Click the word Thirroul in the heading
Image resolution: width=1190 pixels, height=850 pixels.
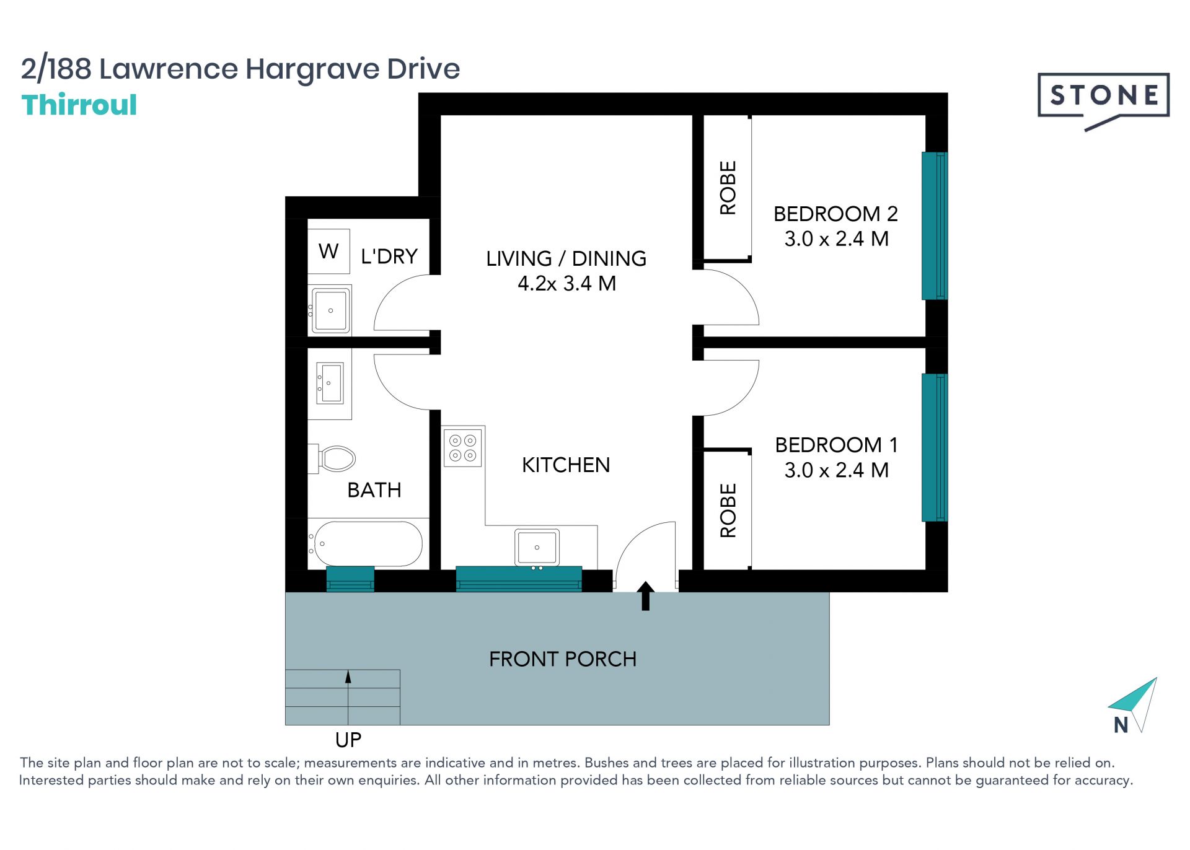[x=79, y=105]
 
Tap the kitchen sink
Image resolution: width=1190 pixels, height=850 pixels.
[x=537, y=547]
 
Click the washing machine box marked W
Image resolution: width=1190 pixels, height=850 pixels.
[x=328, y=251]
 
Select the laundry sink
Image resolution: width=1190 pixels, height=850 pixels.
[x=331, y=310]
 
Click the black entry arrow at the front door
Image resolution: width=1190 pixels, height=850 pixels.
[x=646, y=595]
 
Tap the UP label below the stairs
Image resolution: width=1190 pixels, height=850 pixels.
[x=348, y=740]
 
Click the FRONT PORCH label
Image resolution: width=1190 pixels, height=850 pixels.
[x=563, y=659]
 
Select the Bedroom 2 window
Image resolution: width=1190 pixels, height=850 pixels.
[x=935, y=226]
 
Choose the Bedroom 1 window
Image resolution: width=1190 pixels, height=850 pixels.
[x=935, y=447]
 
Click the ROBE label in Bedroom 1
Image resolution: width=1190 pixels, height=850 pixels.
[x=728, y=510]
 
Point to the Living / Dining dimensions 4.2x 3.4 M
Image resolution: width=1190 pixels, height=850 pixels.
[x=566, y=284]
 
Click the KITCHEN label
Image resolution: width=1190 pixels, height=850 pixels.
[x=566, y=465]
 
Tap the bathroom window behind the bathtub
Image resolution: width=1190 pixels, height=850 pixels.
[x=350, y=579]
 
